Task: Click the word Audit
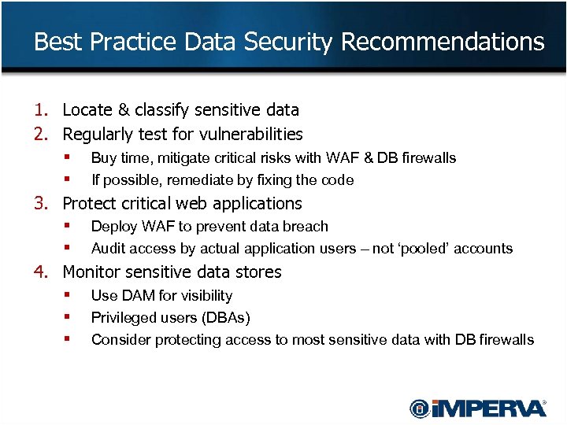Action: [107, 249]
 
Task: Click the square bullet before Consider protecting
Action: [68, 339]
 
